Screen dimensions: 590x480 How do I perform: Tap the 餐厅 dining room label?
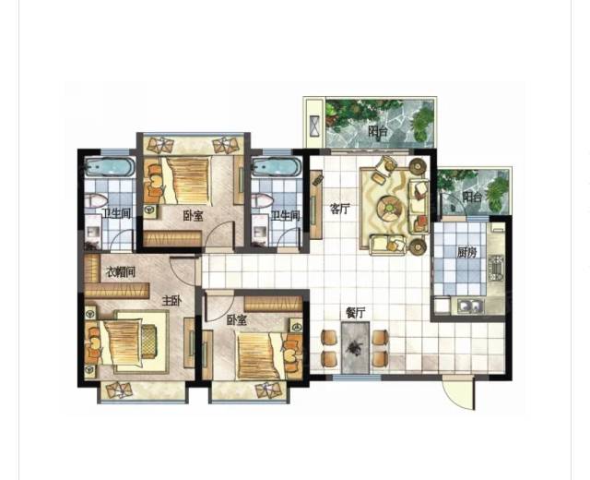355,312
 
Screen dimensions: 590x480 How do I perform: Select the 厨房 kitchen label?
467,253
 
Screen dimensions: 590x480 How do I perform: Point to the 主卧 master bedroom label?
171,301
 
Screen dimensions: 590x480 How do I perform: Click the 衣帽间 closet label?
120,271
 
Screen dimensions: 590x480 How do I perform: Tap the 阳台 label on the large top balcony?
377,132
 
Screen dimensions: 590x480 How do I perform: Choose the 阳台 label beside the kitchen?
472,197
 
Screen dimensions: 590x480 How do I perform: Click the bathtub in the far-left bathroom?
109,166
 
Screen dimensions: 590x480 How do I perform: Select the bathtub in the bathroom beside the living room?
277,166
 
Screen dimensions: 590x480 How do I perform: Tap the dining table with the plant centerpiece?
355,347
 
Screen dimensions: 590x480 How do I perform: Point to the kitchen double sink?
470,306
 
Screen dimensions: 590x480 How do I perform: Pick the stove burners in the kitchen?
496,268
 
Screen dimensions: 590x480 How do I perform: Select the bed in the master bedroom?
124,342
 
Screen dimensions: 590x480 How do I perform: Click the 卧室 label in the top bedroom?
193,216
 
